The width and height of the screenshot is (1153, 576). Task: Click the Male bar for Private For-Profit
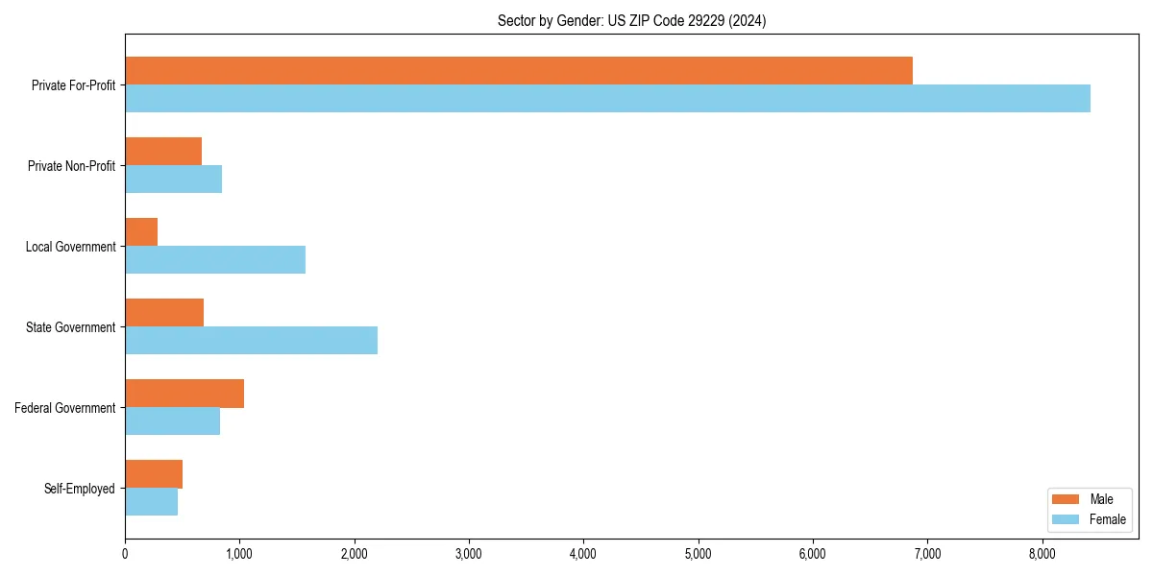click(519, 71)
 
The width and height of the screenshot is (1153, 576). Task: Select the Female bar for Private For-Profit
click(607, 99)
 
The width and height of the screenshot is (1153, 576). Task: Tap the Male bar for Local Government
click(141, 232)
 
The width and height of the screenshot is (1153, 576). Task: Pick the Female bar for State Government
click(251, 341)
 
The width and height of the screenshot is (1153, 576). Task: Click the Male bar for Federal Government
click(184, 394)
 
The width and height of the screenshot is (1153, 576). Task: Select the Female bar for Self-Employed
click(152, 502)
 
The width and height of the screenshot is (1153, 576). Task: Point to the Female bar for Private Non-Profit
click(174, 180)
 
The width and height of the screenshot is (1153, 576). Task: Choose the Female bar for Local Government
click(215, 260)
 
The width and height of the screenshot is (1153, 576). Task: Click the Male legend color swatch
click(1067, 499)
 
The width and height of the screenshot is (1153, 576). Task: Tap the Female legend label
click(1108, 519)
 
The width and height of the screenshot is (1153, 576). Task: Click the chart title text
click(631, 20)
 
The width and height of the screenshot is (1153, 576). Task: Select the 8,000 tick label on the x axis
click(1043, 553)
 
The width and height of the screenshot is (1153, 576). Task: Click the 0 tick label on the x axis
click(125, 553)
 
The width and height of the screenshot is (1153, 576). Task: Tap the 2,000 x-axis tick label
click(355, 553)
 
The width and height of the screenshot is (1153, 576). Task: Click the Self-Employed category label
click(80, 489)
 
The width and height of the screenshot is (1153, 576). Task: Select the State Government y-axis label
click(70, 327)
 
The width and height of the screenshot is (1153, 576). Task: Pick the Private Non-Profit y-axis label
click(71, 166)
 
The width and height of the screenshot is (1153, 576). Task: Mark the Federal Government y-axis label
click(65, 408)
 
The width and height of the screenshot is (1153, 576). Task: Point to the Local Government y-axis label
click(70, 247)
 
